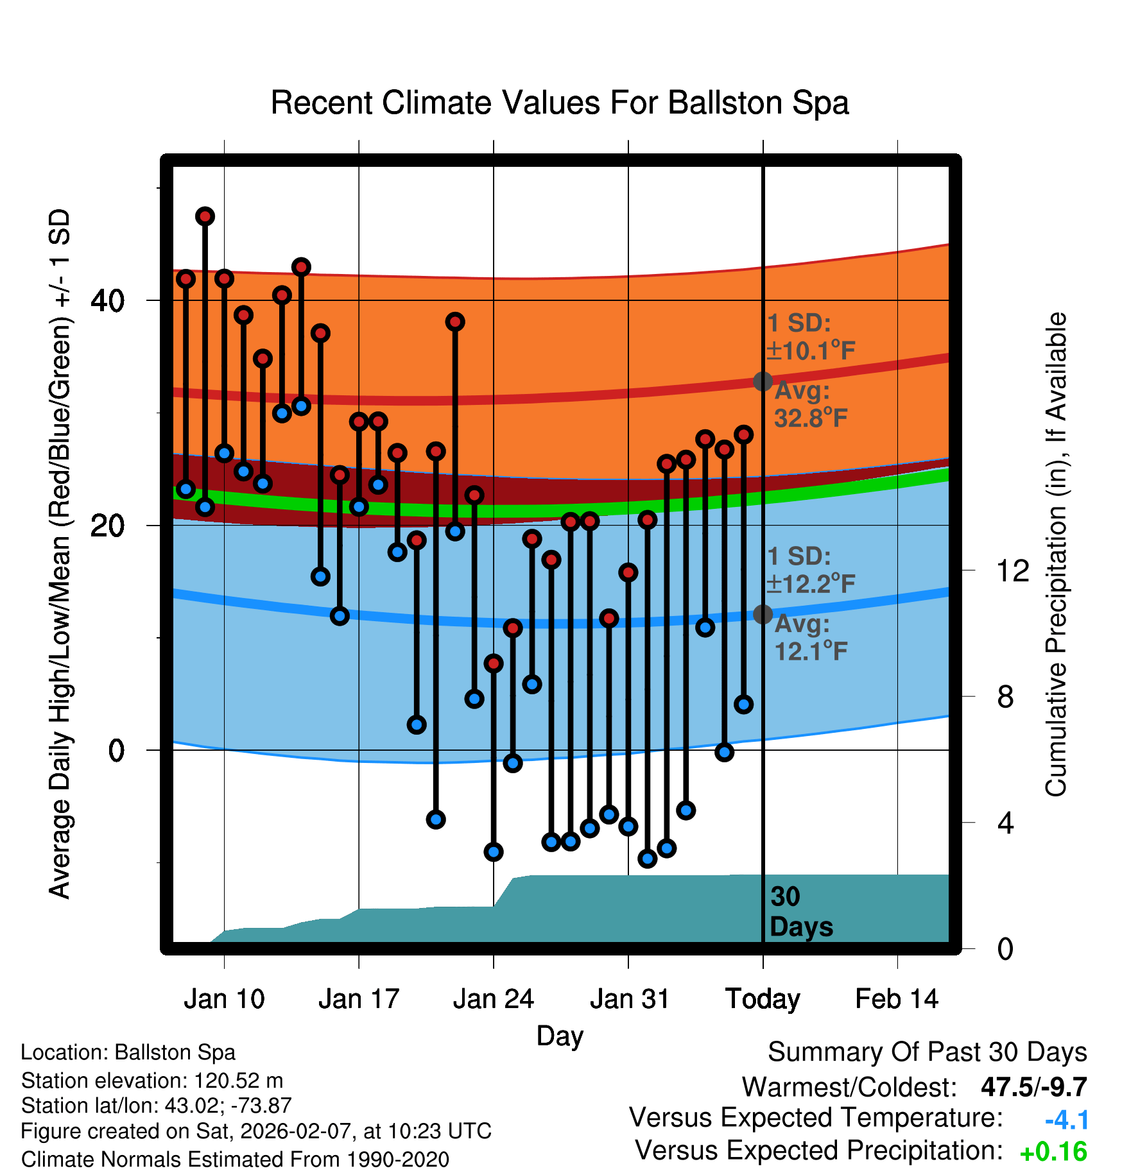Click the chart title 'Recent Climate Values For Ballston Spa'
[x=560, y=103]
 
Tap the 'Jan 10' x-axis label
[x=224, y=999]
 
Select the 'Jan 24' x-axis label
[x=493, y=999]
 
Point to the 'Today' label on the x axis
[x=763, y=999]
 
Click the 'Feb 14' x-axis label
[x=897, y=999]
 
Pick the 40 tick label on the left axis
[x=107, y=300]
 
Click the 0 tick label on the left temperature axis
[x=116, y=750]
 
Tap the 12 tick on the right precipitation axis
[x=1012, y=570]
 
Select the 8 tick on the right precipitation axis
[x=1005, y=696]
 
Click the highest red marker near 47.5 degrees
[x=205, y=216]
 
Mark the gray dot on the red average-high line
[x=763, y=381]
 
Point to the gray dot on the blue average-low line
[x=763, y=614]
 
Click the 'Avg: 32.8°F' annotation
[x=810, y=404]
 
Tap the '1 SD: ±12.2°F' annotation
[x=810, y=570]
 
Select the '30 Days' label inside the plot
[x=800, y=912]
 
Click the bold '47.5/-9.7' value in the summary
[x=1033, y=1087]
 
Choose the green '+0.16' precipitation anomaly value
[x=1053, y=1152]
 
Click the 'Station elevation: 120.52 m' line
[x=152, y=1081]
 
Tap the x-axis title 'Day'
[x=560, y=1036]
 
